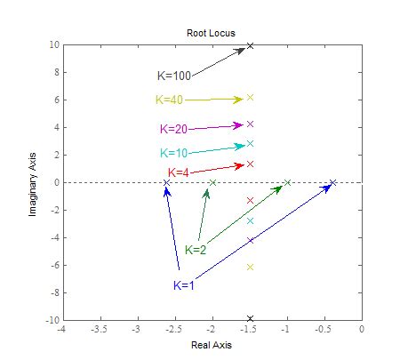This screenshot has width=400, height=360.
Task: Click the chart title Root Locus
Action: [210, 33]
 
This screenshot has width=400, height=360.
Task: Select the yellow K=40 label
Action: [169, 100]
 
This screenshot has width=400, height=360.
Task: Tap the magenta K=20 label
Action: [173, 129]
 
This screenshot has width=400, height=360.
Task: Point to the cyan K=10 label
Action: [174, 153]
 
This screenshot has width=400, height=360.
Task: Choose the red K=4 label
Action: [179, 172]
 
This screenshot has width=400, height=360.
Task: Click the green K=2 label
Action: [196, 250]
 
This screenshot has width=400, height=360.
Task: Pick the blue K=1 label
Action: [184, 284]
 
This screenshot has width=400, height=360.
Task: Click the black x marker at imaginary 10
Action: [250, 45]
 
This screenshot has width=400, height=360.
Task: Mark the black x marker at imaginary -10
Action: [250, 319]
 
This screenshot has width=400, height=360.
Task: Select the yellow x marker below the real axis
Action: [250, 267]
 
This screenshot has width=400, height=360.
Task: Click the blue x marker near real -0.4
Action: [332, 183]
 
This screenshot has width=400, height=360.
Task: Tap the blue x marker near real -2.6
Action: [166, 183]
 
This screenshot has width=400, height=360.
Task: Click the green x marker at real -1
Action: [287, 183]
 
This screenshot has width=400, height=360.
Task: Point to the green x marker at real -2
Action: [212, 183]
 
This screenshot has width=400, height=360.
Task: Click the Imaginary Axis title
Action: [33, 183]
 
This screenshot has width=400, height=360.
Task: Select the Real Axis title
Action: [210, 345]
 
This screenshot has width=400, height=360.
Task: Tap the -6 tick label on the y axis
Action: [52, 265]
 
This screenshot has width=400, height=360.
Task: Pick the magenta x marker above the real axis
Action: [250, 124]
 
